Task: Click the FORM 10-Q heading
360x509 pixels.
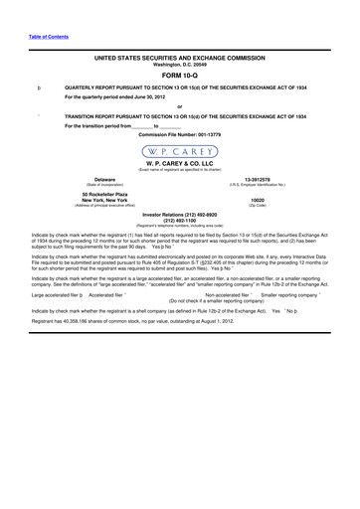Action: click(179, 75)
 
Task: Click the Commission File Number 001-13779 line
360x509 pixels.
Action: click(179, 132)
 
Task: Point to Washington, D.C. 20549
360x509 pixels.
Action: click(179, 65)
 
